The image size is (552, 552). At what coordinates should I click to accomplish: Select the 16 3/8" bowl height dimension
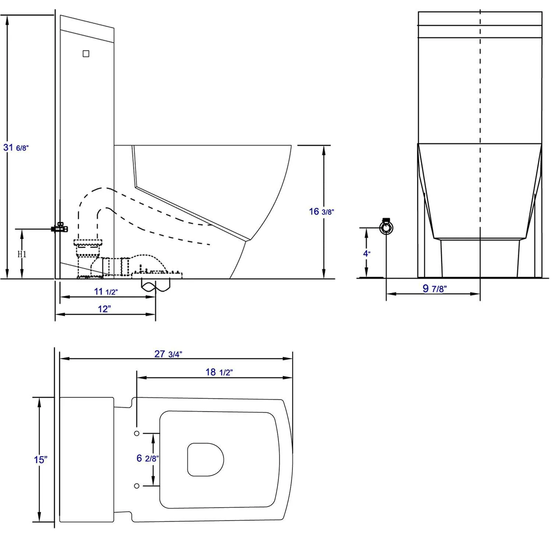point(321,212)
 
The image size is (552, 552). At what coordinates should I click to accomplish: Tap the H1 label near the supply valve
point(22,254)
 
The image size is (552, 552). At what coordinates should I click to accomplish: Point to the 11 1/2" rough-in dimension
point(106,292)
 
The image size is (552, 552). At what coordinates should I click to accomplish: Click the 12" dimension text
point(104,309)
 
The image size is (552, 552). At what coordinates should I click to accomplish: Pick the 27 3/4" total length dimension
point(168,354)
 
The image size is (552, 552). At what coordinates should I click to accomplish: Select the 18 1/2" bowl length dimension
point(219,372)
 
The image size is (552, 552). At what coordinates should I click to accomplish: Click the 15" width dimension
point(40,460)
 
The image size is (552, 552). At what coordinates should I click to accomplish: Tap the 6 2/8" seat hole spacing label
point(147,459)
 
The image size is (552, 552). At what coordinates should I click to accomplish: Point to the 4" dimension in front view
point(367,253)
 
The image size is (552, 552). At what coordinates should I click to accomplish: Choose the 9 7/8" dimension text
point(434,289)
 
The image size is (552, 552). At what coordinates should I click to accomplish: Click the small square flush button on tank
point(86,54)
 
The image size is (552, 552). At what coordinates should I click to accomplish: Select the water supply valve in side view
point(60,228)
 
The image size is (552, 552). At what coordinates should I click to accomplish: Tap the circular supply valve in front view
point(386,227)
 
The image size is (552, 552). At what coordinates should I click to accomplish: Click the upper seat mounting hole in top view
point(137,434)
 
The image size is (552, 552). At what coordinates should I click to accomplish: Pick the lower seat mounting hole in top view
point(137,486)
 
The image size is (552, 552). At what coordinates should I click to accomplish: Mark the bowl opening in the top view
point(205,460)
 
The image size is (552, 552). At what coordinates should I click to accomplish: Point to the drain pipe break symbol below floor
point(156,286)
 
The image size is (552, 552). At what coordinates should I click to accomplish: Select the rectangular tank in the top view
point(86,460)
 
